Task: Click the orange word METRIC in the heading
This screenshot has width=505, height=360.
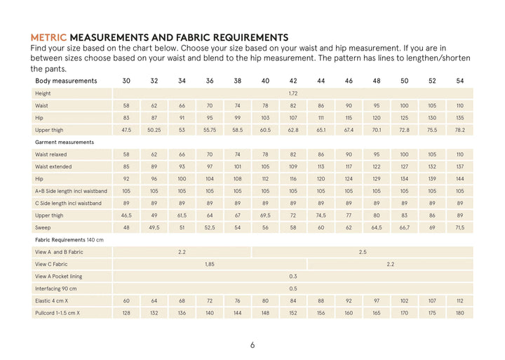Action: tap(49, 37)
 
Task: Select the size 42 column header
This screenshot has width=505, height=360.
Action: tap(293, 81)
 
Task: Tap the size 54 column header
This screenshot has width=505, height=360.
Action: tap(459, 81)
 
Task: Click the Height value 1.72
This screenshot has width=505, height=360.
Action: tap(293, 93)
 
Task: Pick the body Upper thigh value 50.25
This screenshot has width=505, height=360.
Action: tap(154, 130)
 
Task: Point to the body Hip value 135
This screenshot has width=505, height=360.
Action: tap(459, 118)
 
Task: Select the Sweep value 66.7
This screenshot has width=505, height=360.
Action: tap(404, 227)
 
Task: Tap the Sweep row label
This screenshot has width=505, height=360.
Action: tap(43, 227)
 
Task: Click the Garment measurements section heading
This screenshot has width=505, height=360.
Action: tap(65, 142)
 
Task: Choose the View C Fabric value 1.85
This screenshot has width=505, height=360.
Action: tap(210, 264)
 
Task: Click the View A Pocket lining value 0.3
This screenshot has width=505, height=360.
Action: tap(293, 276)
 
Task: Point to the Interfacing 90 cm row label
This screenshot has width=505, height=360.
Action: tap(56, 288)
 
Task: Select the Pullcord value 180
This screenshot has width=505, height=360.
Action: tap(459, 313)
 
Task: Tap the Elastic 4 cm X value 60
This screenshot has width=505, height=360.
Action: tap(126, 300)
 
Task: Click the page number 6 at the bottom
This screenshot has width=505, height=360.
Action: tap(252, 345)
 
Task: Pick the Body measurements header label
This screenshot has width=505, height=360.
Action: tap(66, 81)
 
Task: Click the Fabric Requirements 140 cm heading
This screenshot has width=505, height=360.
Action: tap(69, 240)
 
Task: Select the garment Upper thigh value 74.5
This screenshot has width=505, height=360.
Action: tap(321, 215)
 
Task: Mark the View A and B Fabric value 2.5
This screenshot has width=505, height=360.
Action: tap(363, 252)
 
